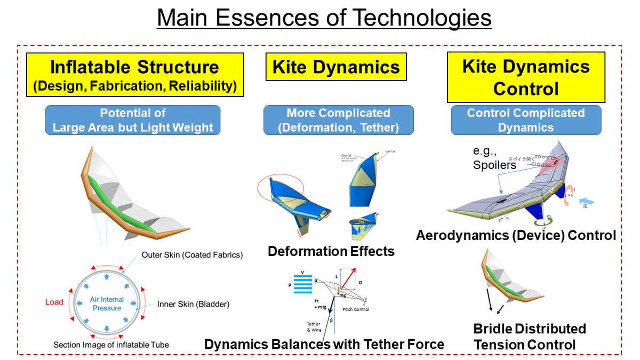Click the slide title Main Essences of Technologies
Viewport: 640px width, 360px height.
pyautogui.click(x=324, y=19)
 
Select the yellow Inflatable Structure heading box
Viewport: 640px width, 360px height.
pyautogui.click(x=134, y=75)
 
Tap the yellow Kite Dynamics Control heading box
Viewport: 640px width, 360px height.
pyautogui.click(x=525, y=77)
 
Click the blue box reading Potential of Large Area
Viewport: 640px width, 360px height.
pyautogui.click(x=133, y=120)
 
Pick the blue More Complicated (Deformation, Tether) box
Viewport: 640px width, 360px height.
pyautogui.click(x=338, y=120)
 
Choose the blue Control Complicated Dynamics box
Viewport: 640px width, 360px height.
pyautogui.click(x=525, y=120)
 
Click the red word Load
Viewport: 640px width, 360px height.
pyautogui.click(x=54, y=302)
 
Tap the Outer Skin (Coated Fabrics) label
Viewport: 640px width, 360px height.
pyautogui.click(x=192, y=255)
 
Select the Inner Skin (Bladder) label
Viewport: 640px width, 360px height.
pyautogui.click(x=193, y=305)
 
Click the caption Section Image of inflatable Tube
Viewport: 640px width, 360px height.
pyautogui.click(x=111, y=345)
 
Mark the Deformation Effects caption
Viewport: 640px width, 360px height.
pyautogui.click(x=331, y=251)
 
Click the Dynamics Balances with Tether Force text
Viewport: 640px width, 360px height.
pyautogui.click(x=324, y=344)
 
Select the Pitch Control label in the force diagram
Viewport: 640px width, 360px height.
pyautogui.click(x=355, y=309)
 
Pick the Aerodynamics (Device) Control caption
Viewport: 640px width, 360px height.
pyautogui.click(x=516, y=235)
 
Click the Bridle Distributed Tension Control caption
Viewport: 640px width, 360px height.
pyautogui.click(x=529, y=337)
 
